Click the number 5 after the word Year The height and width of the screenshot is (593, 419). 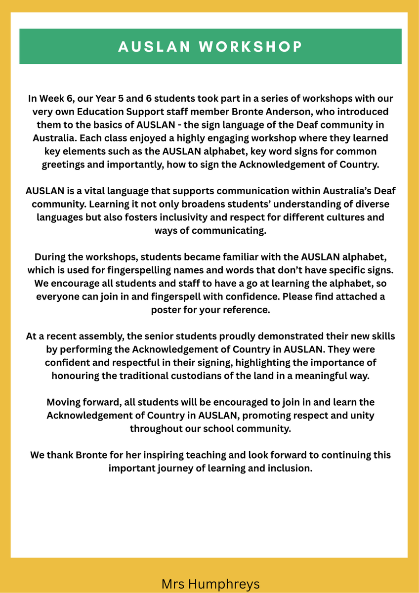[143, 98]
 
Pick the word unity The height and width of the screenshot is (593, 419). [361, 416]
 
